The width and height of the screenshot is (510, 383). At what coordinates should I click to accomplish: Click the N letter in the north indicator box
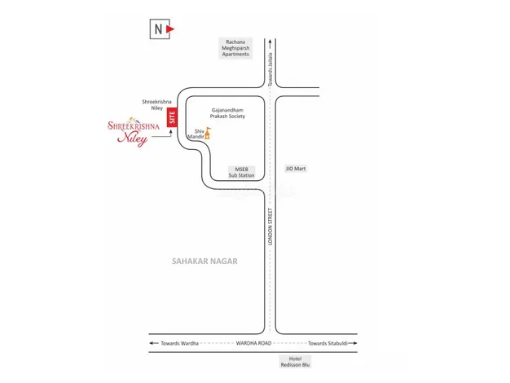(156, 29)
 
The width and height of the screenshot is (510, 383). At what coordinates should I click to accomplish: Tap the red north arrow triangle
(172, 29)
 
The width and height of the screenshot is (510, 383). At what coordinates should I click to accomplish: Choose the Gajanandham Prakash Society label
(227, 112)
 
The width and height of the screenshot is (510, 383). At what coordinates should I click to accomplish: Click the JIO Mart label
(296, 169)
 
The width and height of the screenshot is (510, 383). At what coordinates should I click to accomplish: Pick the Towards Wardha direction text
(180, 343)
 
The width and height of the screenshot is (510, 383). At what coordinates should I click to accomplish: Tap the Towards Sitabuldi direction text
(328, 343)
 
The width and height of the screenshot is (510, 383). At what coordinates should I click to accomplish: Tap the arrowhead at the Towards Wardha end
(152, 343)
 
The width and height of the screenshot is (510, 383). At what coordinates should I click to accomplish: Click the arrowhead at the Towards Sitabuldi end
(356, 343)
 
